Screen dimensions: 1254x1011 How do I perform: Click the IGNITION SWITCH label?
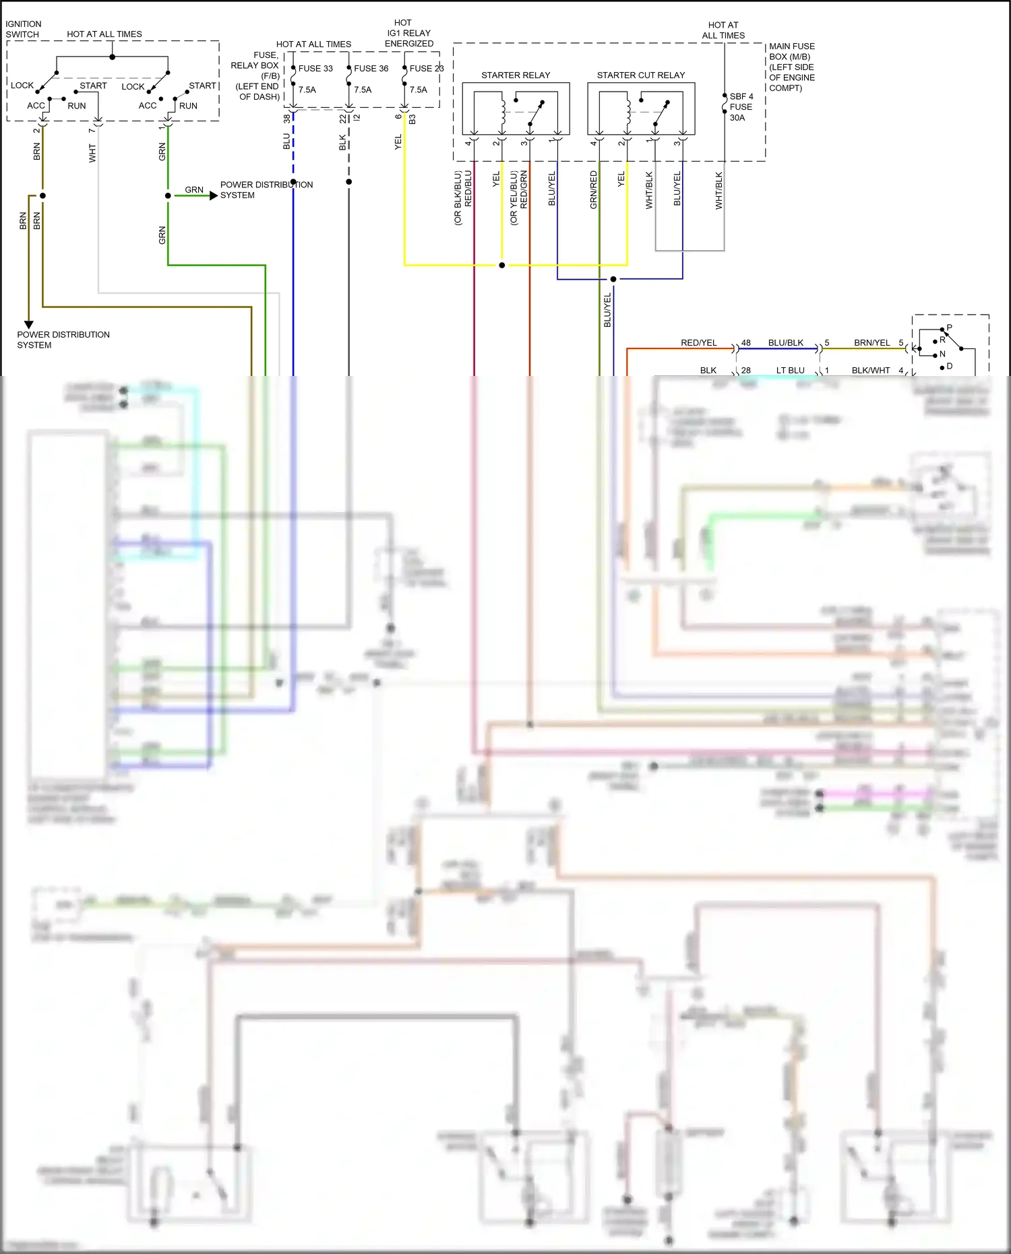tap(23, 29)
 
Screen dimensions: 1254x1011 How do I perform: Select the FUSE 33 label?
tap(315, 69)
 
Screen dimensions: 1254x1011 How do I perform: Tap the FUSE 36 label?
tap(371, 69)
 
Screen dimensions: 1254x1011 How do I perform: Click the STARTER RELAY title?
tap(516, 75)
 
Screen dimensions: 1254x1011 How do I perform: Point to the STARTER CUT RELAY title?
tap(640, 75)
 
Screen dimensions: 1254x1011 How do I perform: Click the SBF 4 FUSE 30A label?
tap(741, 106)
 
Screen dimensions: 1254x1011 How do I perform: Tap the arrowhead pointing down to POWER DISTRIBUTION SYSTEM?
tap(29, 324)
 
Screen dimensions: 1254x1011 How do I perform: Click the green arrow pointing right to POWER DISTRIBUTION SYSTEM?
tap(213, 195)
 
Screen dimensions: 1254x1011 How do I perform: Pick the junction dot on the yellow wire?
tap(501, 265)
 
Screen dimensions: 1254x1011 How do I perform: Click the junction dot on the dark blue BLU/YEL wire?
tap(613, 279)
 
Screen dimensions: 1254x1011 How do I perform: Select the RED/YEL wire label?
tap(698, 343)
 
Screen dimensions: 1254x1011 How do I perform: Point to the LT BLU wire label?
tap(790, 371)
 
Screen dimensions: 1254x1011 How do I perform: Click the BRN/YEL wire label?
tap(871, 343)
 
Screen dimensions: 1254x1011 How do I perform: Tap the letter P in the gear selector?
tap(949, 327)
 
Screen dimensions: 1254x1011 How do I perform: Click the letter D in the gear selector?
tap(949, 367)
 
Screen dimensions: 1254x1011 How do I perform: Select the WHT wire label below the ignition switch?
tap(92, 153)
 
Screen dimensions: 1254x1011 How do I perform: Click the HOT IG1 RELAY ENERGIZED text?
tap(408, 33)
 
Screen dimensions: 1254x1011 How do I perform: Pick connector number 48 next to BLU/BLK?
tap(745, 343)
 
